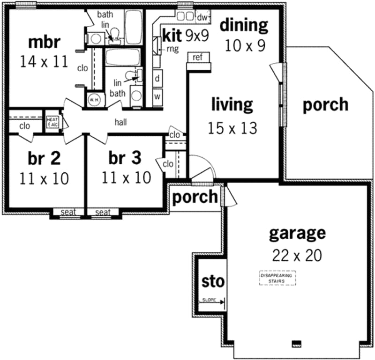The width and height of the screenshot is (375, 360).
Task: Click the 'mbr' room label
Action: (x=45, y=42)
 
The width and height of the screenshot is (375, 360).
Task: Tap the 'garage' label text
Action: (x=296, y=233)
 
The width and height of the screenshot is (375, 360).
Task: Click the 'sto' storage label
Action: (x=212, y=282)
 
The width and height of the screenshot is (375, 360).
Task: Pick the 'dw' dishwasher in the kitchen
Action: (x=202, y=17)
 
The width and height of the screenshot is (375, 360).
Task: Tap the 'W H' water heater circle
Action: (x=92, y=100)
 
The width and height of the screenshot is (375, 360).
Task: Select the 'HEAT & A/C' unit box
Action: (x=51, y=121)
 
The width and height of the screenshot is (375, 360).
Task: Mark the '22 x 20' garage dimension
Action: (x=296, y=255)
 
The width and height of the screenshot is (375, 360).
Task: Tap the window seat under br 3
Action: (x=103, y=213)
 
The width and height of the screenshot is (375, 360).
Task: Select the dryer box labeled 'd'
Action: (x=157, y=78)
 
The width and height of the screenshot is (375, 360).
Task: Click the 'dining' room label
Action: (x=244, y=24)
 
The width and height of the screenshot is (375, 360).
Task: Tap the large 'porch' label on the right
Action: (x=325, y=104)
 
